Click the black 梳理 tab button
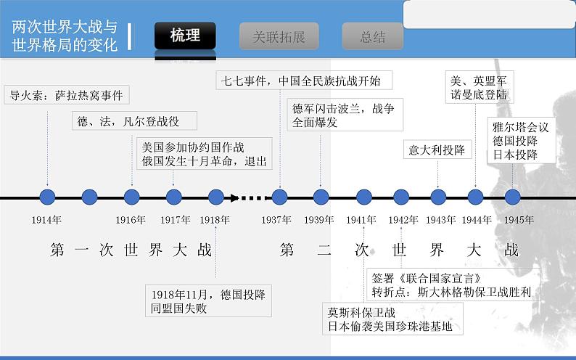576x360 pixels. coord(185,36)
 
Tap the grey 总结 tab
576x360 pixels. coord(373,37)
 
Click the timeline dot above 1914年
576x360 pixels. coord(47,197)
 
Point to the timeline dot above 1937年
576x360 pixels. coord(280,197)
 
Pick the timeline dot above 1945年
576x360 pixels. coord(512,197)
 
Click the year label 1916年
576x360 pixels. coord(131,219)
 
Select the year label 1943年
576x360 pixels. coord(440,219)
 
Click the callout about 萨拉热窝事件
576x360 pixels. coord(66,95)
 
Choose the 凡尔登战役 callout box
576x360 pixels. coord(128,121)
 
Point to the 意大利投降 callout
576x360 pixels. coord(437,150)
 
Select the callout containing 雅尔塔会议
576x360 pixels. coord(520,141)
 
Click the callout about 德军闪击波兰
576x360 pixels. coord(343,115)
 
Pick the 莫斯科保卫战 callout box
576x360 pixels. coord(390,319)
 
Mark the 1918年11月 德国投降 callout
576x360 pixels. coord(207,300)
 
